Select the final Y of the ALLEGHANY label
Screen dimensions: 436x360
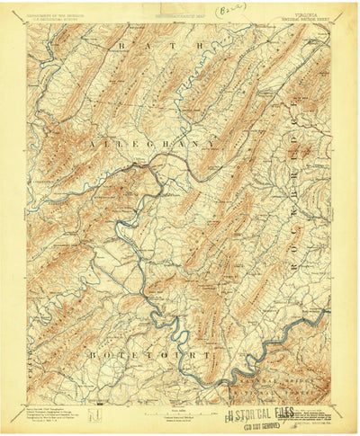[211, 142]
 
